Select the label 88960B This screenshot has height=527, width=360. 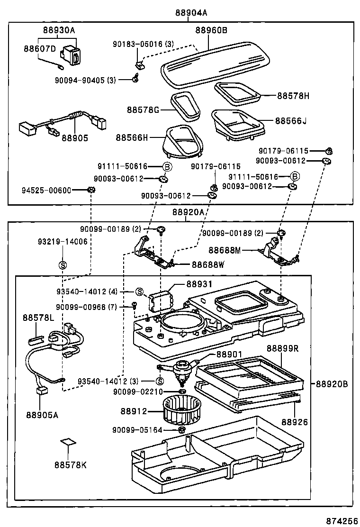pyautogui.click(x=211, y=30)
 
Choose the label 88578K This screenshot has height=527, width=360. pyautogui.click(x=70, y=464)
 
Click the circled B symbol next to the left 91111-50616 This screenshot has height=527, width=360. pyautogui.click(x=167, y=167)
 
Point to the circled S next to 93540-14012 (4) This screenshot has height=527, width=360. pyautogui.click(x=139, y=291)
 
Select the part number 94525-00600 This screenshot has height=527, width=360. pyautogui.click(x=46, y=191)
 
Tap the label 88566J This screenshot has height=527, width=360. pyautogui.click(x=291, y=120)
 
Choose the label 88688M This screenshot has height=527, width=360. pyautogui.click(x=225, y=250)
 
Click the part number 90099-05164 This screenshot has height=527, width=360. pyautogui.click(x=137, y=430)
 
